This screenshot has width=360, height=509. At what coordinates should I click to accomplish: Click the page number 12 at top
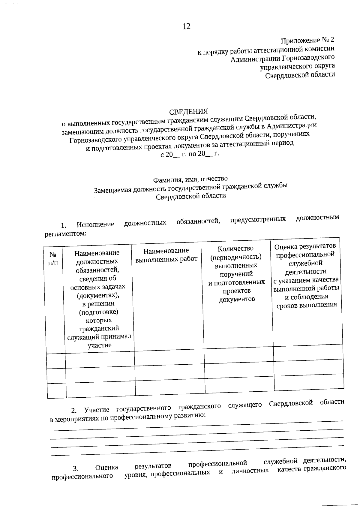(x=186, y=26)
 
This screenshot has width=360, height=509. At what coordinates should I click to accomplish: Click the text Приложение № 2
(x=307, y=40)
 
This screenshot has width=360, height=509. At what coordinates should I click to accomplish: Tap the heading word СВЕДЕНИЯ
(x=188, y=112)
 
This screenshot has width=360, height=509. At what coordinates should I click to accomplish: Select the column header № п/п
(x=53, y=258)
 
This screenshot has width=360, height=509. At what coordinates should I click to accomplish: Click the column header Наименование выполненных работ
(x=166, y=255)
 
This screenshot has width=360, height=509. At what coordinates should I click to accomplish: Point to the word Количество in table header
(x=235, y=248)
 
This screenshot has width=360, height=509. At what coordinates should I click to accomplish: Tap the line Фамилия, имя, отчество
(x=190, y=179)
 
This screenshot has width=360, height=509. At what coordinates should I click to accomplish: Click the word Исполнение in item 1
(x=95, y=224)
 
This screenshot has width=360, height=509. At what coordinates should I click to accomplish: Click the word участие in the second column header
(x=99, y=345)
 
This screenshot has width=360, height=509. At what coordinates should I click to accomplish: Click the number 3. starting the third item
(x=76, y=468)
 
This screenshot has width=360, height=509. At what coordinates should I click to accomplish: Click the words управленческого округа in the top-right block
(x=297, y=66)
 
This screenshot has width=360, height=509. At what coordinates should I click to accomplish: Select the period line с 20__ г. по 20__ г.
(x=190, y=154)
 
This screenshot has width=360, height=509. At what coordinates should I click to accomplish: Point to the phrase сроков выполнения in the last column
(x=307, y=305)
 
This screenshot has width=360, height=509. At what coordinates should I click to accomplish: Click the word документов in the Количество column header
(x=237, y=299)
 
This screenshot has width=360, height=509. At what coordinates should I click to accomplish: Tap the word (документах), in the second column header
(x=98, y=295)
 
